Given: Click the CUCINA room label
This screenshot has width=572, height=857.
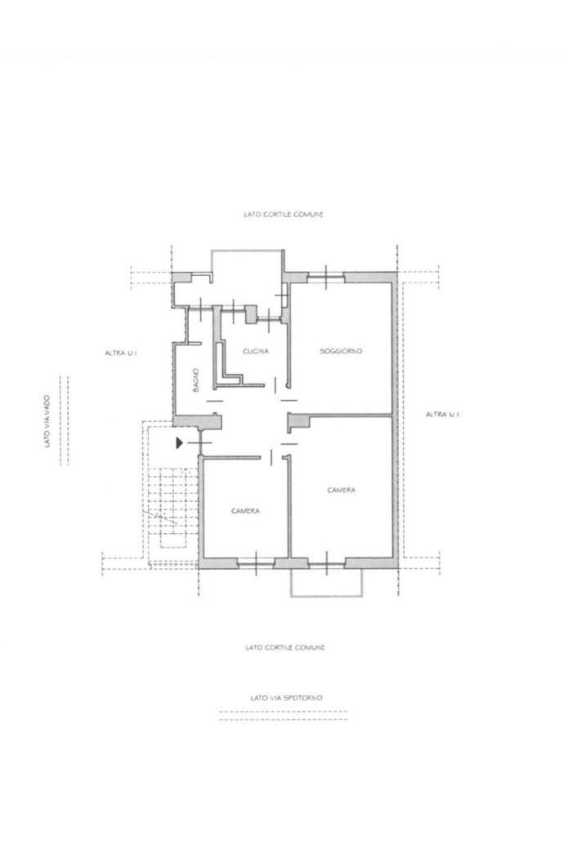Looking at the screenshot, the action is coord(256,351).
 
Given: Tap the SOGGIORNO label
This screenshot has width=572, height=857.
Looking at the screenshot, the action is coord(341,351).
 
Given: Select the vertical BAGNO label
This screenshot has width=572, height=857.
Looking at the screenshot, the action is coord(196,379).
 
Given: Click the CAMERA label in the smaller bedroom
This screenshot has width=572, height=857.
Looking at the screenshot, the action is coord(245,511).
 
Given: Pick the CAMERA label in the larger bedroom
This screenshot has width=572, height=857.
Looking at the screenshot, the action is coord(341,491).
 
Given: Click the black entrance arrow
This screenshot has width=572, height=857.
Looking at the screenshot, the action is coord(179,442).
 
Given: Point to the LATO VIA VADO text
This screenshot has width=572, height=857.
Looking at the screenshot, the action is coord(47,421).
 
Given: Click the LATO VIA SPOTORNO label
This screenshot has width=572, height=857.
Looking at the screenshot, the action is coord(286,698).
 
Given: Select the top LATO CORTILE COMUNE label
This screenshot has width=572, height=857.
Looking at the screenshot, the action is coord(284,215).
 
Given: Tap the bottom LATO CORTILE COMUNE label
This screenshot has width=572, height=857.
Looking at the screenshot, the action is coord(285,648).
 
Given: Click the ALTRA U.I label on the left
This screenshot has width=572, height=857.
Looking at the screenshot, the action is coord(121,353).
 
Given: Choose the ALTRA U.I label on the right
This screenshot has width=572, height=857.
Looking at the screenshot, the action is coord(442,415).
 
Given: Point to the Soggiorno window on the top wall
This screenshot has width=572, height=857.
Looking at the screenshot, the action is coord(326,278).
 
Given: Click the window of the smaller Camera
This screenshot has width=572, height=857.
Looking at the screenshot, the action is coord(256,563).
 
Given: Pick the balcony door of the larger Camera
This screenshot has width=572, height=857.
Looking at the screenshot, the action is coord(327,563).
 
